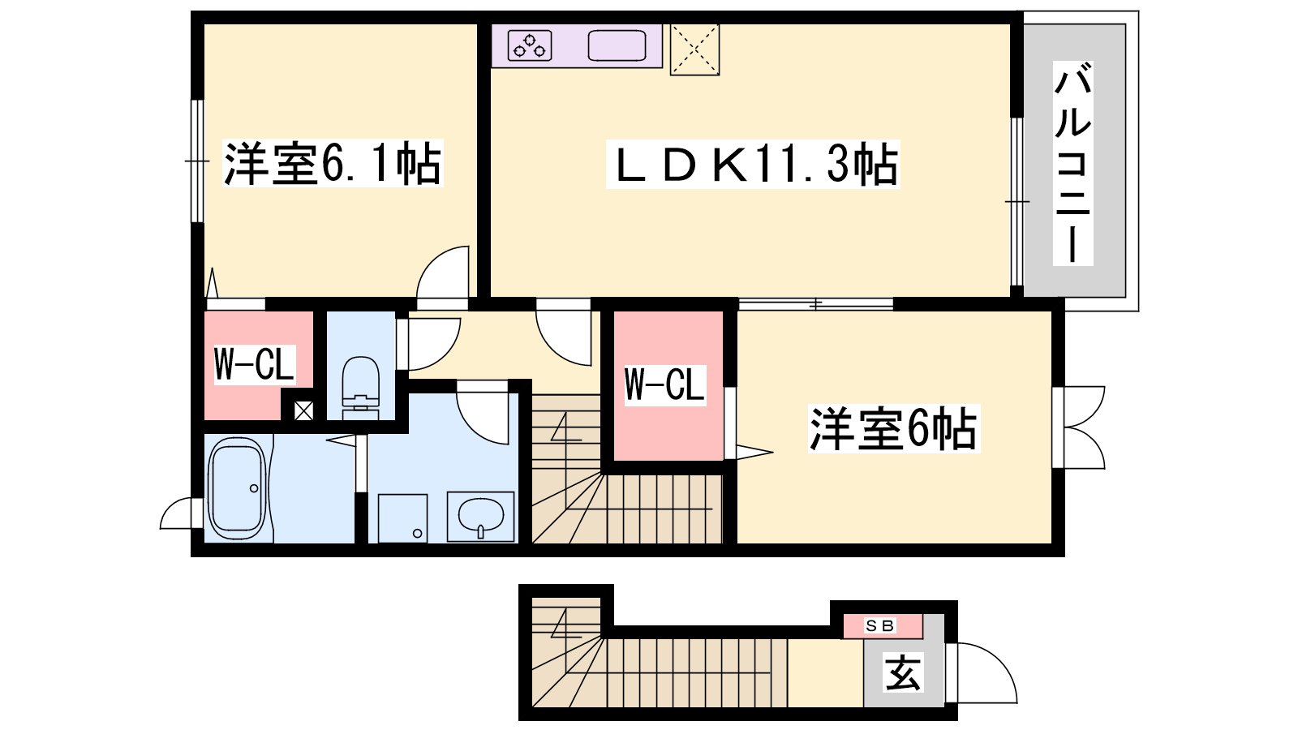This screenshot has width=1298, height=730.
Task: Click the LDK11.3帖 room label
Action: point(753,165)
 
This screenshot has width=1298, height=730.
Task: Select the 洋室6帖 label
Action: point(893,429)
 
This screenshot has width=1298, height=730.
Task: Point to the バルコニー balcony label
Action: point(1072,163)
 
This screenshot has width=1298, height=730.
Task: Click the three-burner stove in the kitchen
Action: point(530,45)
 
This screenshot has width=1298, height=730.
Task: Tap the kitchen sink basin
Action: point(617,45)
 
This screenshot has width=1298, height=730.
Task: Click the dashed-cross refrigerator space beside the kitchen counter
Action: point(694,49)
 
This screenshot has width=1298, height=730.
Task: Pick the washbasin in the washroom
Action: point(480,517)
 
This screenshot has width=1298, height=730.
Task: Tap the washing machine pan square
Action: point(402,518)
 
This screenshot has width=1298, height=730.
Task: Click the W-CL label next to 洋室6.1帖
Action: point(255,365)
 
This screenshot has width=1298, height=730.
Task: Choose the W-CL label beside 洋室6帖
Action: point(665,384)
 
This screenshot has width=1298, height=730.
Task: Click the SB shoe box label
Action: point(880,625)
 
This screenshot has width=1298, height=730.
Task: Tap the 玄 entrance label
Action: point(903,673)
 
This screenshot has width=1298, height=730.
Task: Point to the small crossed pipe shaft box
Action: point(303,411)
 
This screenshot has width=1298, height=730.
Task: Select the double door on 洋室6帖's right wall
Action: point(1079,427)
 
